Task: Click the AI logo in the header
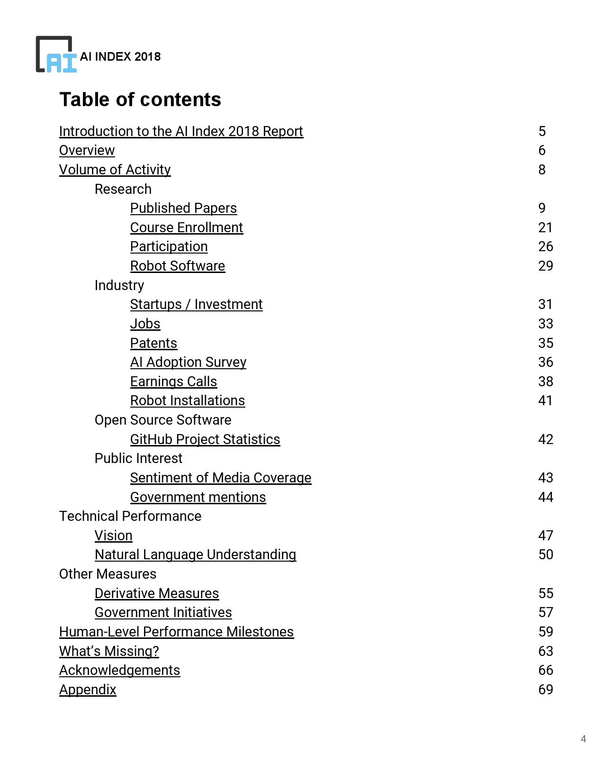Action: (56, 55)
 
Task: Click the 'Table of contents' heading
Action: (140, 100)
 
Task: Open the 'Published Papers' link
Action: (183, 208)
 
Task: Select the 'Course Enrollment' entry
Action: (186, 227)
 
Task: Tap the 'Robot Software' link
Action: (178, 266)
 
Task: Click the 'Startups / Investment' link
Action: (196, 304)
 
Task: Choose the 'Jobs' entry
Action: (145, 324)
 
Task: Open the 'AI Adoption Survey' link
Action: (188, 362)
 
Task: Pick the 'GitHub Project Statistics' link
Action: (205, 439)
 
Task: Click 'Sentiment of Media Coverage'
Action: (221, 478)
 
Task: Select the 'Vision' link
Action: (113, 536)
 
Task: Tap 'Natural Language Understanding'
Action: (195, 555)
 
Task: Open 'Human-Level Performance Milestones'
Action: (176, 632)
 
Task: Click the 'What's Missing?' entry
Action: (109, 651)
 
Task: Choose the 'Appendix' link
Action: (88, 690)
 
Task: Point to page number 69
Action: (546, 690)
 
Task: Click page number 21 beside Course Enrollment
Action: (546, 227)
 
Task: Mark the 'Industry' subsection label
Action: (119, 285)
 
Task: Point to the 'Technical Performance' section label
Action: (130, 516)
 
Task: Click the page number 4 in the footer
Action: (583, 739)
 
